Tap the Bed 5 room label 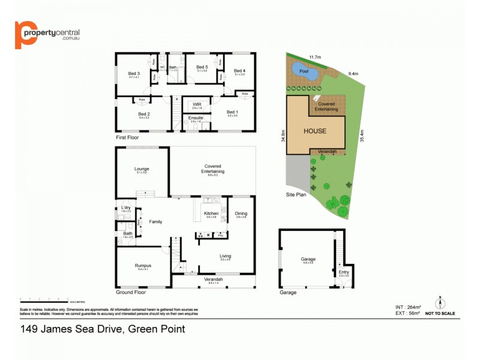202,67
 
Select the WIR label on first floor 196,104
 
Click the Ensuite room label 196,118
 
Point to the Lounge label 142,169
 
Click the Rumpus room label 143,265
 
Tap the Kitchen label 211,214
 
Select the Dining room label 241,214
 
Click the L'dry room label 125,208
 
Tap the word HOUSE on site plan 314,131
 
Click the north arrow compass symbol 440,302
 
